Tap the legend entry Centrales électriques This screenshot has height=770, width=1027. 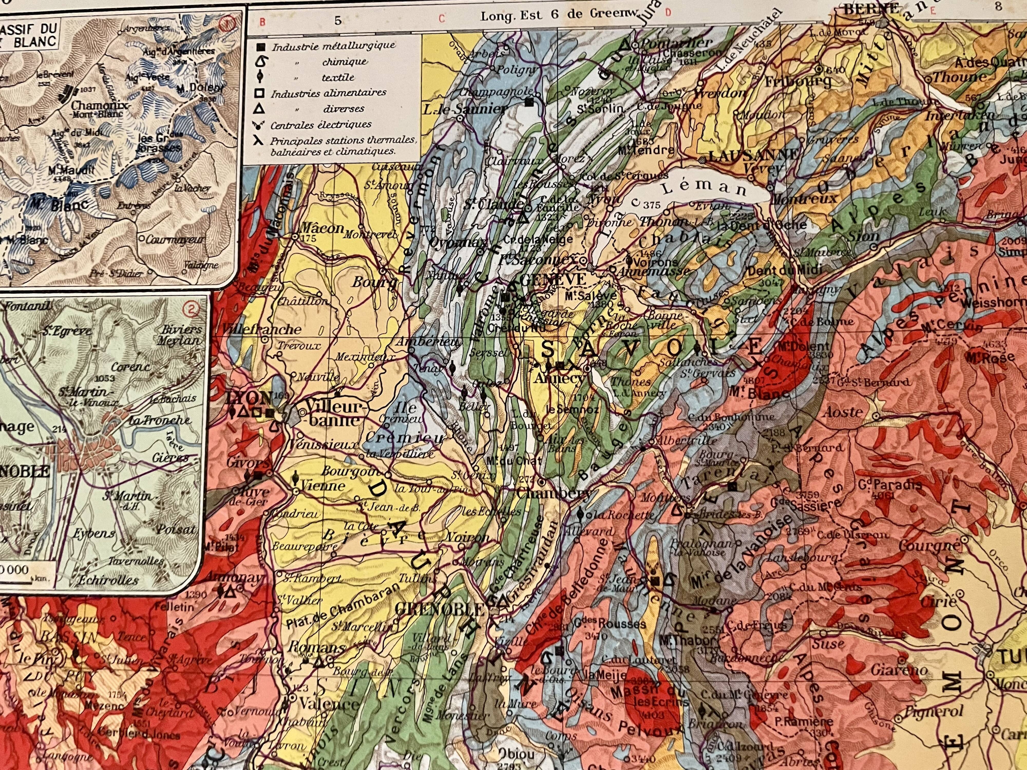(x=321, y=124)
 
